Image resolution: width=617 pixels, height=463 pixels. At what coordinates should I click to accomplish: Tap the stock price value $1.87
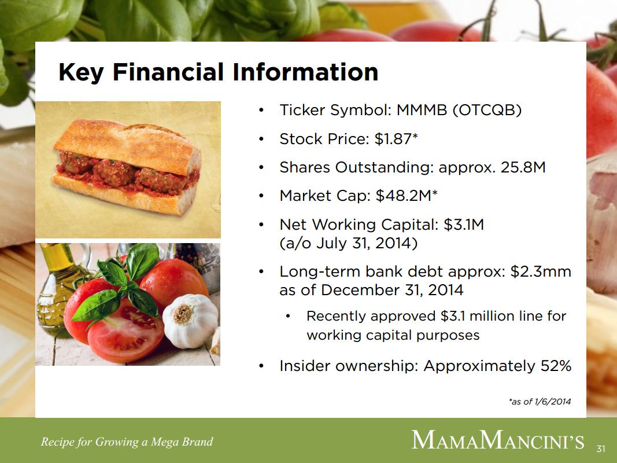[x=393, y=139]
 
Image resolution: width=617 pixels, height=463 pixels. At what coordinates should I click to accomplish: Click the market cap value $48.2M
[x=403, y=196]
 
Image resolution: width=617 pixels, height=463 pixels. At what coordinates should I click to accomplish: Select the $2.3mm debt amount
[x=541, y=271]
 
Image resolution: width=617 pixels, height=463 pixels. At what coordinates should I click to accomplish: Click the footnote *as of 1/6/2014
[x=540, y=402]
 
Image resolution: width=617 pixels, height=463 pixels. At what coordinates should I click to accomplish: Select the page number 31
[x=600, y=449]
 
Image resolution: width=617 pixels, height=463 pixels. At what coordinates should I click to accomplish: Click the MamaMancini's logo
[x=498, y=440]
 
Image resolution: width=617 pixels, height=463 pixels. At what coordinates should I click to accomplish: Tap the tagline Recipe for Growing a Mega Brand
[x=127, y=442]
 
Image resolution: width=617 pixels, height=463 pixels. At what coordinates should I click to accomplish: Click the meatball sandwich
[x=127, y=167]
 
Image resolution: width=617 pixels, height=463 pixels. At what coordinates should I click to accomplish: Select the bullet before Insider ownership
[x=261, y=366]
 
